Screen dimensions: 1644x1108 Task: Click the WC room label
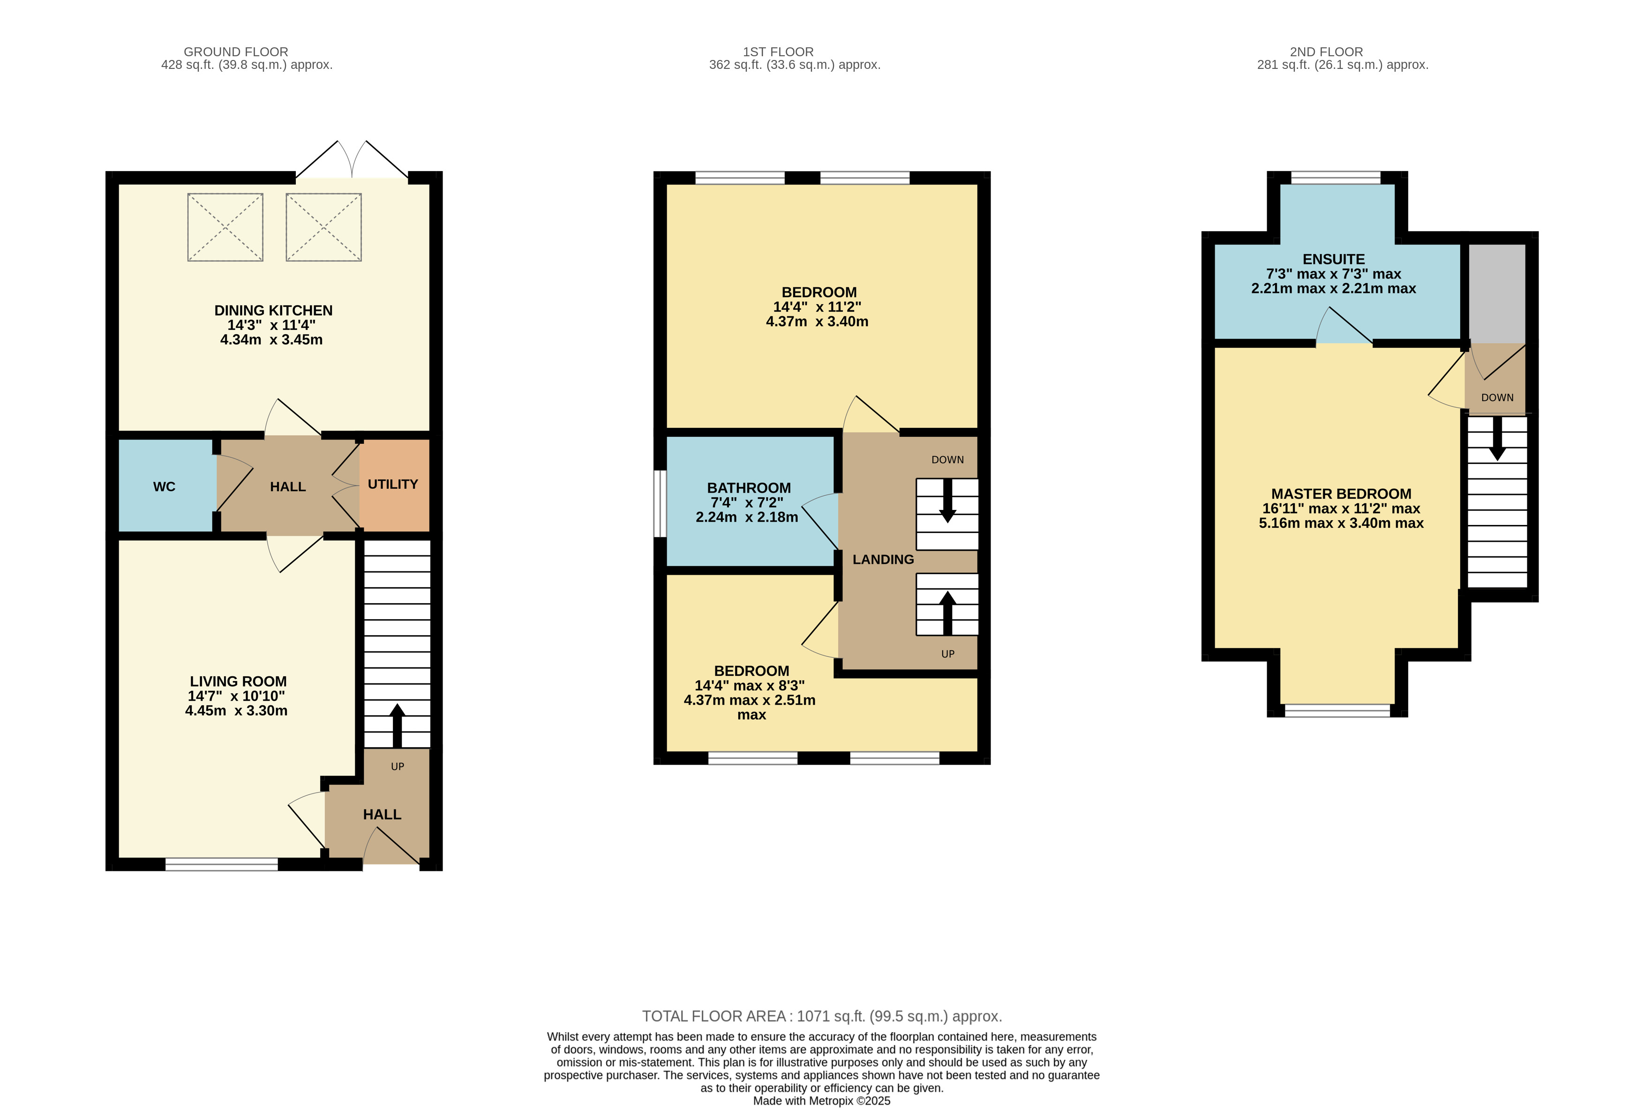(164, 487)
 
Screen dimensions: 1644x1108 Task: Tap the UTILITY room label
(393, 484)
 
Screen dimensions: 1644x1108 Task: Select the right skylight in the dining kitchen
(324, 227)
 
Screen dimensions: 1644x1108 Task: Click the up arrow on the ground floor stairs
(397, 725)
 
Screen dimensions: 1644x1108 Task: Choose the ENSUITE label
(1334, 259)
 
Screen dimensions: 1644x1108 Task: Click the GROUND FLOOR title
(236, 52)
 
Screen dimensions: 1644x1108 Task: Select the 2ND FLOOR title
(1327, 52)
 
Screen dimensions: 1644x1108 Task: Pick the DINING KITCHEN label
(273, 311)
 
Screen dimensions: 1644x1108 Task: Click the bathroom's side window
(660, 504)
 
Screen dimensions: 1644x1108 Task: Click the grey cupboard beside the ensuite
(1497, 294)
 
